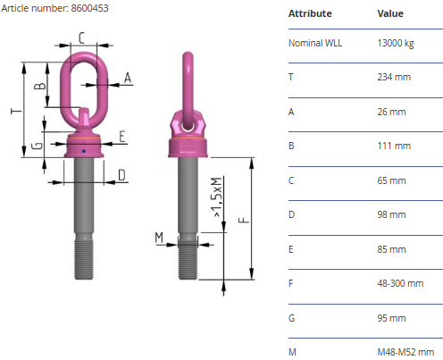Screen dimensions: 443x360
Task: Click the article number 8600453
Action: click(89, 8)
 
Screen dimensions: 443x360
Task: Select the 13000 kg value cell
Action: click(396, 44)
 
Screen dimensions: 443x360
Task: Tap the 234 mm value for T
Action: click(394, 77)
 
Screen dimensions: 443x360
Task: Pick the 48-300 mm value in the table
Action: click(400, 283)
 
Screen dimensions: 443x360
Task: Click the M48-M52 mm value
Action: click(405, 352)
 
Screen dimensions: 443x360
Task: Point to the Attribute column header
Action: click(310, 13)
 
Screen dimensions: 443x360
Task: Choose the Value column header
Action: click(390, 13)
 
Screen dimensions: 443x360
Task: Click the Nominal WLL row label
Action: click(315, 43)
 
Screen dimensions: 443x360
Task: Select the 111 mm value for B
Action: click(394, 146)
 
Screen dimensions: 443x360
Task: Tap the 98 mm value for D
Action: click(391, 214)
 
